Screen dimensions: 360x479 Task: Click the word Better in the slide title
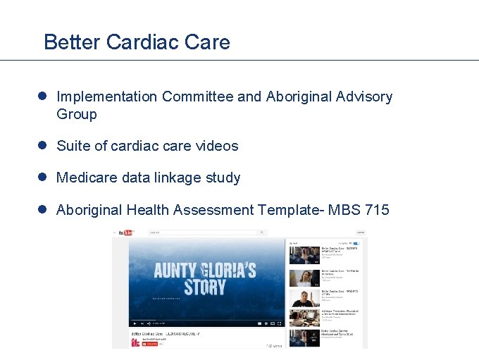pyautogui.click(x=72, y=42)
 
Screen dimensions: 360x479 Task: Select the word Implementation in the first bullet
pyautogui.click(x=106, y=97)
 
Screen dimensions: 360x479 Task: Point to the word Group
pyautogui.click(x=77, y=114)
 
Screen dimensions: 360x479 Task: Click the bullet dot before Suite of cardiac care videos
pyautogui.click(x=43, y=146)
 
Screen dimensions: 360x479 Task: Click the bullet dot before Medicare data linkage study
pyautogui.click(x=43, y=178)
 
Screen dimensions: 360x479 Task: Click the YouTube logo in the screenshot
pyautogui.click(x=125, y=233)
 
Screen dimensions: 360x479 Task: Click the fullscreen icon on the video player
pyautogui.click(x=280, y=323)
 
